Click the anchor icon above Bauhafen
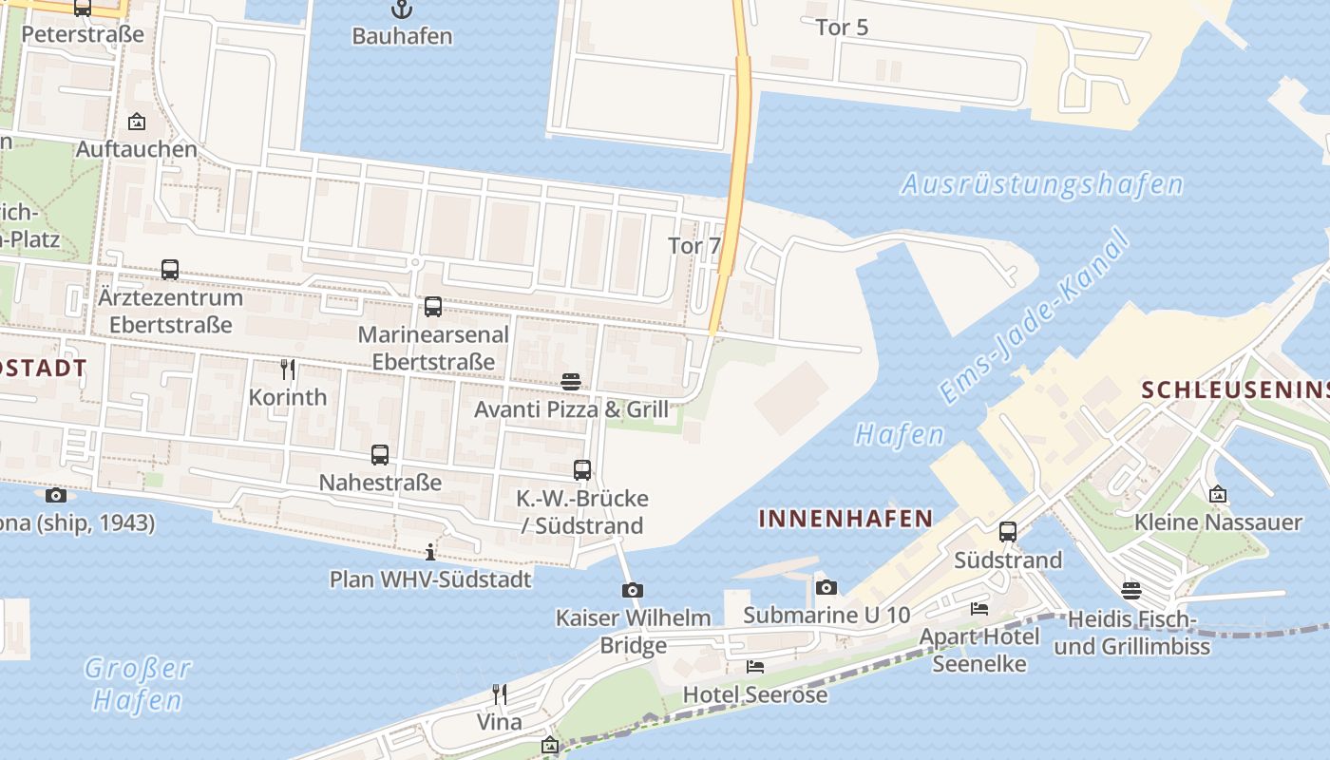[x=402, y=10]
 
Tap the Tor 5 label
[x=842, y=28]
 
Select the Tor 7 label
[x=694, y=245]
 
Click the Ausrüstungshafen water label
[x=1041, y=184]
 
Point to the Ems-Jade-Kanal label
[x=1035, y=317]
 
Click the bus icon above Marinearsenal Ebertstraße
[x=433, y=307]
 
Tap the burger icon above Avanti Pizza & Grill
[x=571, y=382]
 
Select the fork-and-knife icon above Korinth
[x=288, y=369]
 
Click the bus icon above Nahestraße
[x=380, y=455]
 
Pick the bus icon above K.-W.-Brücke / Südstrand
[x=582, y=470]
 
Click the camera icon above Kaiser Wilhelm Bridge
[x=633, y=591]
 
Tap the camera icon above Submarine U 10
[x=826, y=587]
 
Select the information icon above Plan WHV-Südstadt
[x=430, y=552]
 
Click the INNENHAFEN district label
[x=845, y=519]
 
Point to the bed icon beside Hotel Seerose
[x=755, y=667]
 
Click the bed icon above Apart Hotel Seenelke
[x=979, y=608]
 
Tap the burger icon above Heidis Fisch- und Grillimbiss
[x=1130, y=591]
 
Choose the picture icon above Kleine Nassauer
[x=1218, y=494]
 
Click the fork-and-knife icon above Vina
[x=500, y=694]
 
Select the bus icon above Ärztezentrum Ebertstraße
[x=170, y=270]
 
